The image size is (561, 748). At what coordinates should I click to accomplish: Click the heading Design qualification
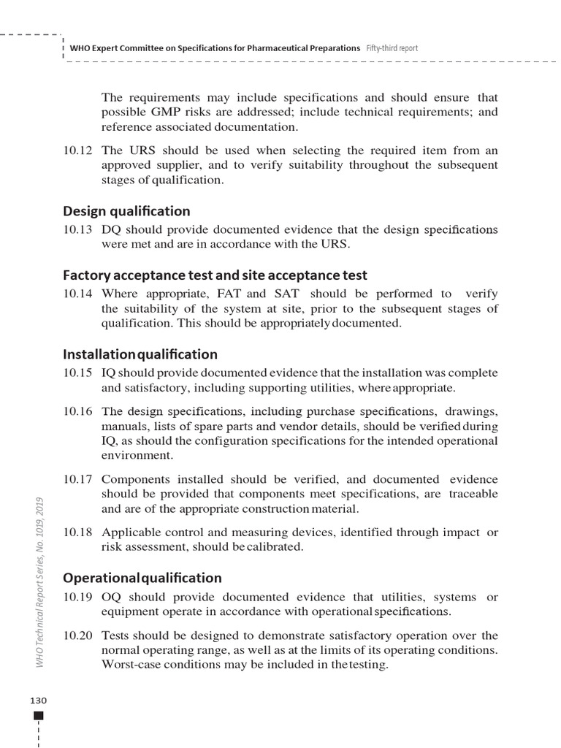click(x=126, y=211)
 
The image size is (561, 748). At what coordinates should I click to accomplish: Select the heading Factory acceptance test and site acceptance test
click(x=215, y=275)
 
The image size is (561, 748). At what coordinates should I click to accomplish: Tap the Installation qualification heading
click(x=140, y=354)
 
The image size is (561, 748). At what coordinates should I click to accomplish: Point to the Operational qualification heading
click(x=142, y=578)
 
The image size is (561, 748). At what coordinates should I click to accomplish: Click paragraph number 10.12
click(x=77, y=151)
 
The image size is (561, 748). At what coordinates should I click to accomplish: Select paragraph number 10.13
click(x=77, y=230)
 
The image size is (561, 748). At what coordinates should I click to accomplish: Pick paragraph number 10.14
click(x=77, y=294)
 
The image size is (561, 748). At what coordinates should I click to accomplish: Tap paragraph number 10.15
click(x=77, y=373)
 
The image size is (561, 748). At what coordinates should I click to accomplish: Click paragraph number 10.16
click(x=77, y=412)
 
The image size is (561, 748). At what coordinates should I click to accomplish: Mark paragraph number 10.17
click(x=77, y=480)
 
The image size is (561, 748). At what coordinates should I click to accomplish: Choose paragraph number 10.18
click(x=77, y=533)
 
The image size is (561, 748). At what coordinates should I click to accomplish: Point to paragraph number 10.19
click(x=77, y=598)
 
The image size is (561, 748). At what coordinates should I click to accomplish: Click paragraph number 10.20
click(x=77, y=636)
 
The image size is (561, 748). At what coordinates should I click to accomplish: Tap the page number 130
click(x=39, y=700)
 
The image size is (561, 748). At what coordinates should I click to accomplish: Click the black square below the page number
click(x=39, y=715)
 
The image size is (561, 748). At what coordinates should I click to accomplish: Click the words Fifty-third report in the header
click(x=392, y=48)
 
